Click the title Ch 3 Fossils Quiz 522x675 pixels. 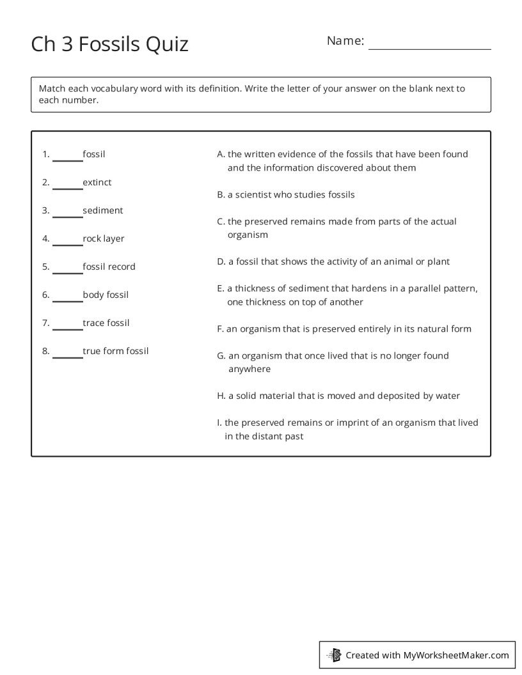(x=109, y=44)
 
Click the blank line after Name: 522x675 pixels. (x=429, y=43)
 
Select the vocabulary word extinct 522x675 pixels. (x=97, y=182)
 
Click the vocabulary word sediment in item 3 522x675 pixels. (x=103, y=210)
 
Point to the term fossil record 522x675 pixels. (x=109, y=267)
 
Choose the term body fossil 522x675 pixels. (x=106, y=295)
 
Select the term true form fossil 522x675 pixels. (x=116, y=351)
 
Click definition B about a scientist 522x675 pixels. (x=285, y=194)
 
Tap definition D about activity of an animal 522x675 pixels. (x=333, y=261)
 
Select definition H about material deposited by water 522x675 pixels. (x=338, y=396)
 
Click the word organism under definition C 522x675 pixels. (x=248, y=235)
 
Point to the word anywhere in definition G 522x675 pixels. (x=249, y=369)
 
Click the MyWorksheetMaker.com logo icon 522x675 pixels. (x=334, y=655)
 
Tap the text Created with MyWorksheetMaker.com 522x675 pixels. (x=427, y=655)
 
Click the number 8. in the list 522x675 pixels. (x=46, y=351)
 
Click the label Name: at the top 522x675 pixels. (x=345, y=41)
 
